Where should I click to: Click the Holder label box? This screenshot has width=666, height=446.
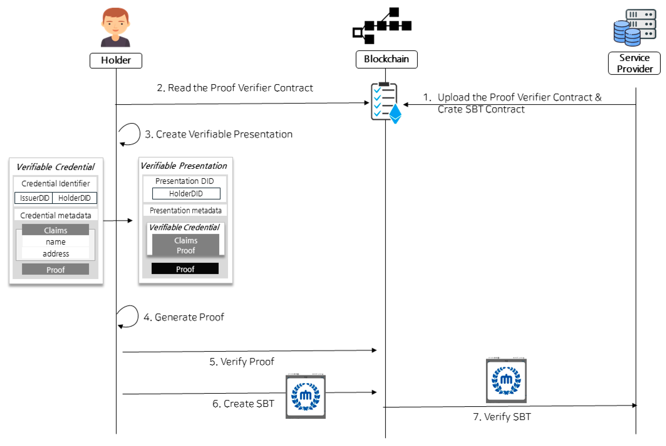116,60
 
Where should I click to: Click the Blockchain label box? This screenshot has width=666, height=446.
386,59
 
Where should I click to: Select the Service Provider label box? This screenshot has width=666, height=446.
634,63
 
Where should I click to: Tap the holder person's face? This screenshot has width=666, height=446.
115,23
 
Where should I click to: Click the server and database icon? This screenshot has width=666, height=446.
635,27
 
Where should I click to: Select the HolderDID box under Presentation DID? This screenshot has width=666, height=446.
186,194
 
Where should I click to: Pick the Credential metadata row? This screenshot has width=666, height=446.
56,215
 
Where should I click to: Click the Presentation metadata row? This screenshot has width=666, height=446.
185,210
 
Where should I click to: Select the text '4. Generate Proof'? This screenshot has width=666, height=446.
184,317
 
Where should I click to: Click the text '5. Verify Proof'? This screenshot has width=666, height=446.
242,362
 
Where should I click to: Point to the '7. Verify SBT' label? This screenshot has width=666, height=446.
502,417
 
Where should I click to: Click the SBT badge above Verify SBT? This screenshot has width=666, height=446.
506,381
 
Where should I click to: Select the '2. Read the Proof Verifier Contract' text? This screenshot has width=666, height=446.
235,88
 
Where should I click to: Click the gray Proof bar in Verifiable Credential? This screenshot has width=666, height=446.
55,269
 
